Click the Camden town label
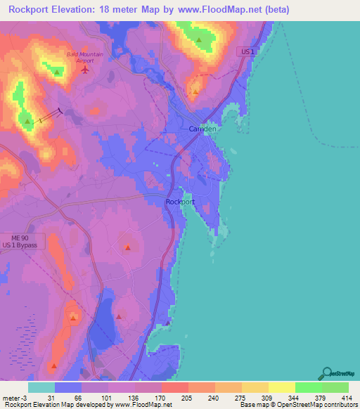tap(203, 129)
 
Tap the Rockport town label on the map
tap(180, 202)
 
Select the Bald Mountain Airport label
tap(84, 57)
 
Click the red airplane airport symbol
tap(86, 69)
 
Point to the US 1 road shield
tap(245, 52)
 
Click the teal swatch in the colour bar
tap(41, 387)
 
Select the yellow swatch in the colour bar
tap(281, 387)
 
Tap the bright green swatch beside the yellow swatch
tap(308, 387)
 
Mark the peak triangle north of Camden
tap(195, 90)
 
